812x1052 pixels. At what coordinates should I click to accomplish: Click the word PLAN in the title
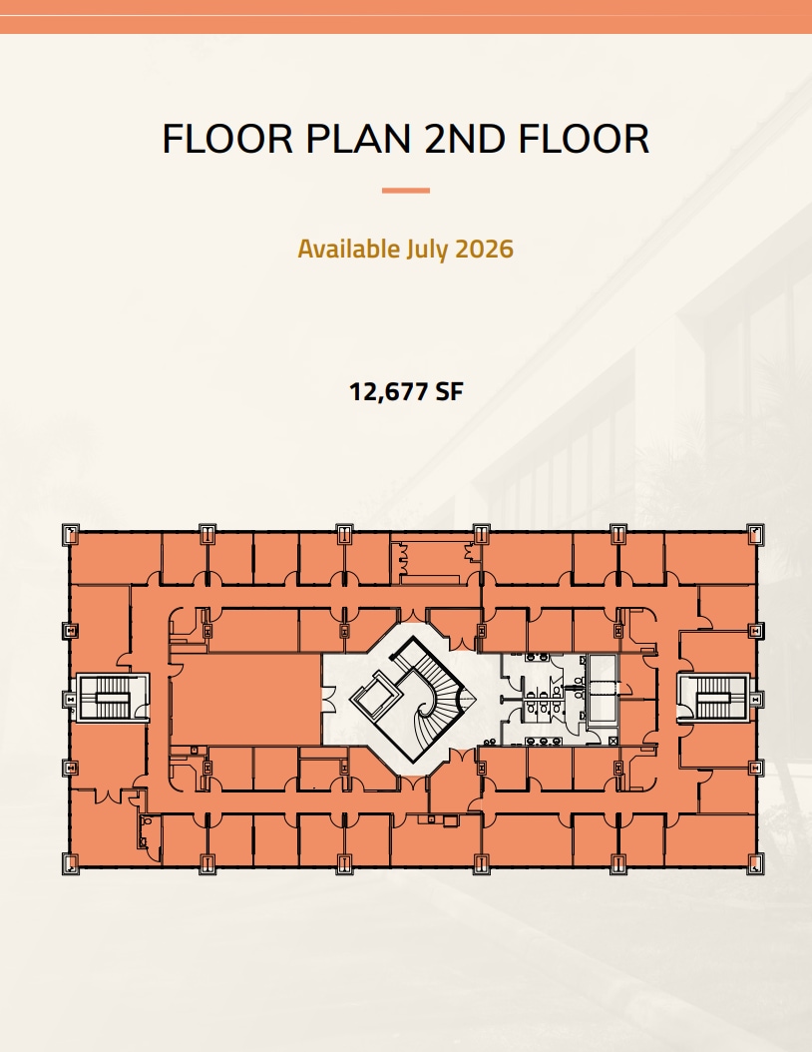tap(358, 139)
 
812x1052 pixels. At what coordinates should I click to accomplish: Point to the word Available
tap(349, 249)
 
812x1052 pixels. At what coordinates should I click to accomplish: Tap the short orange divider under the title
tap(406, 191)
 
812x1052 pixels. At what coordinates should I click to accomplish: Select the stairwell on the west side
tap(112, 698)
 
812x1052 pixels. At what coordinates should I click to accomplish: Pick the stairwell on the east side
tap(713, 698)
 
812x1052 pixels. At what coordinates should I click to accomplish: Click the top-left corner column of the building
tap(71, 533)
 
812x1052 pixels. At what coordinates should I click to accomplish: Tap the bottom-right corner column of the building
tap(756, 864)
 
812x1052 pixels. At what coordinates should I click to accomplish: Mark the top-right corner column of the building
tap(756, 533)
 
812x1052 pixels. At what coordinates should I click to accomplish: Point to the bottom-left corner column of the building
tap(71, 864)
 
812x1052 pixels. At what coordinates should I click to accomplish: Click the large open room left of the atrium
tap(245, 699)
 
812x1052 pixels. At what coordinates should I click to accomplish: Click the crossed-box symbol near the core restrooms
tap(613, 740)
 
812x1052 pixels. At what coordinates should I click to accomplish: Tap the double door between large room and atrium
tap(328, 699)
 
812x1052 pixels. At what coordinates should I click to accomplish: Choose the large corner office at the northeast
tap(711, 559)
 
